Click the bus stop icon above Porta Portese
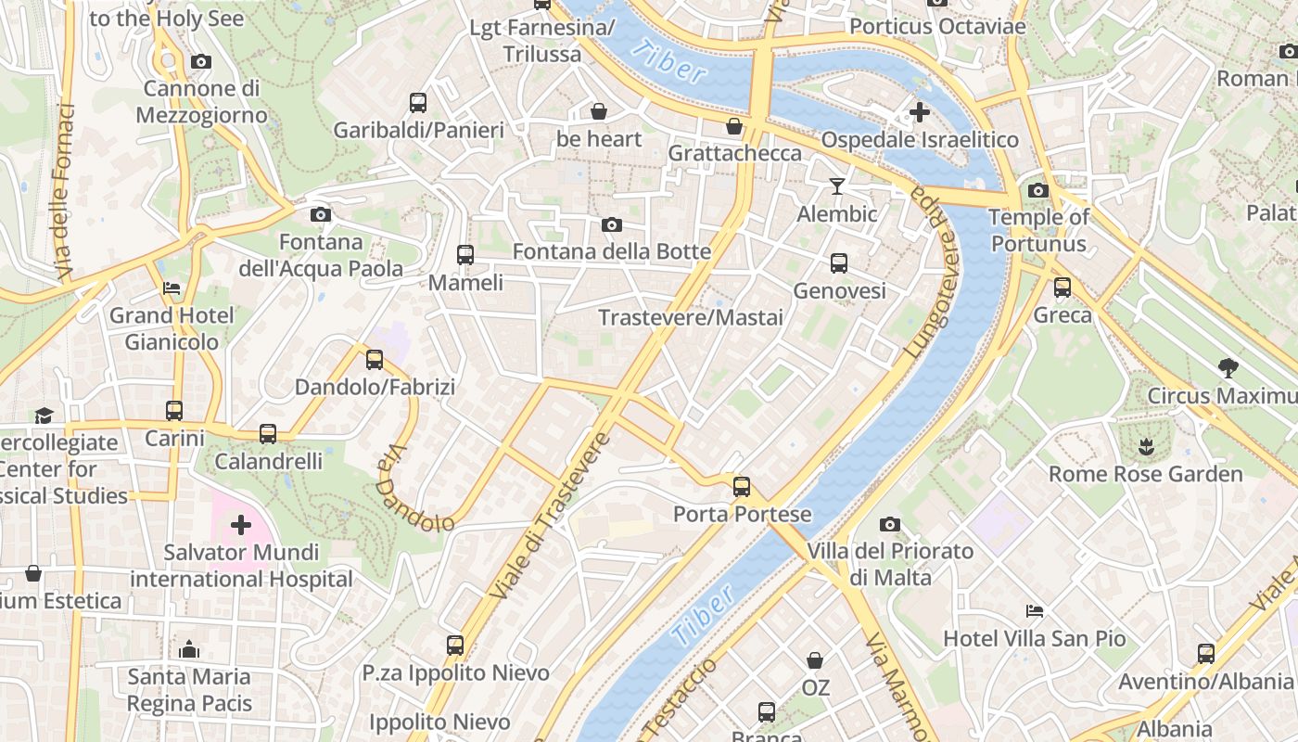[741, 486]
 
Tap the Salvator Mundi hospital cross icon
[241, 526]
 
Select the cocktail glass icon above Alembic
[837, 186]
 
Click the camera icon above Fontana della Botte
[611, 224]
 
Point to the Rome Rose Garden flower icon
[1146, 447]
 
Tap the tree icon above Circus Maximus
[1228, 368]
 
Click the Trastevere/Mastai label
[691, 318]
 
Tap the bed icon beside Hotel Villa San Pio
[1035, 611]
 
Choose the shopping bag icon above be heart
[599, 112]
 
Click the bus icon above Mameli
[465, 254]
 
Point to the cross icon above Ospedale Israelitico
[919, 113]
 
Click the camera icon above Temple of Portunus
[1038, 191]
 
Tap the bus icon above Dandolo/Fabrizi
[375, 359]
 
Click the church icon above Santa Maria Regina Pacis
[189, 648]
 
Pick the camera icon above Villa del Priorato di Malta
[890, 525]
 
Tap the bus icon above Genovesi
[839, 263]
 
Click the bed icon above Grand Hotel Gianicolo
[172, 288]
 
